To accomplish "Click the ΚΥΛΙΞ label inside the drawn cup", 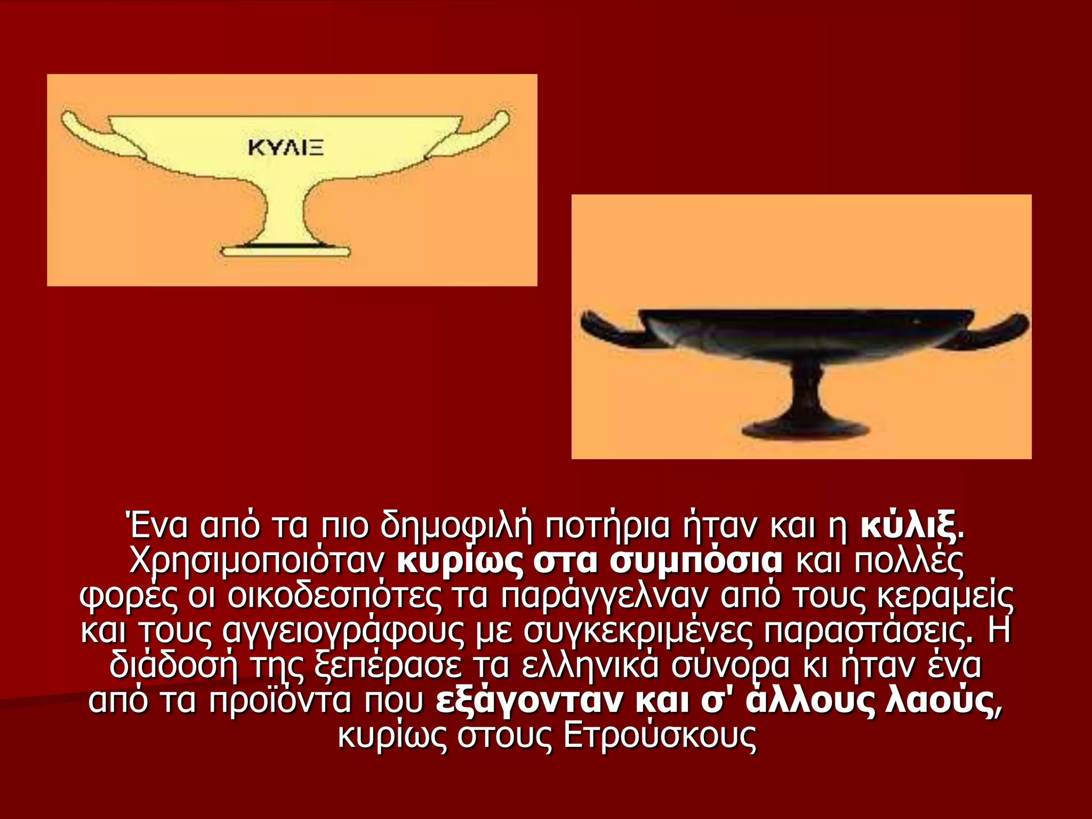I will click(285, 147).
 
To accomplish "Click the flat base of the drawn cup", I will click(286, 251).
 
